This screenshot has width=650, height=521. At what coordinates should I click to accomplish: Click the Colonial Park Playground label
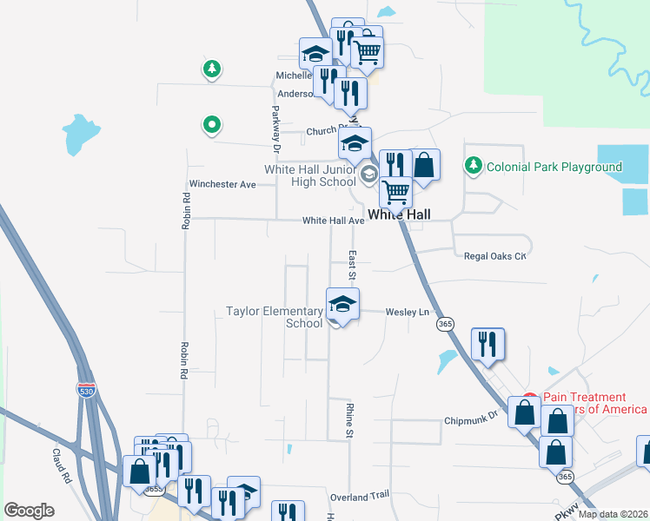[x=554, y=167]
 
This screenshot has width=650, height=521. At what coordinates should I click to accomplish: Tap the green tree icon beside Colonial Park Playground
[x=473, y=164]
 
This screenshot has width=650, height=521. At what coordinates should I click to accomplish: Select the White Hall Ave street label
[x=333, y=221]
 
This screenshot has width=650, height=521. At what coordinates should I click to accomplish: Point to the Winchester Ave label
[x=222, y=185]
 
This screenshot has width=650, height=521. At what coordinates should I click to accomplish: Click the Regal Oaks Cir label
[x=495, y=256]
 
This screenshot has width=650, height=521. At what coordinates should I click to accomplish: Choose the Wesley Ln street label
[x=408, y=312]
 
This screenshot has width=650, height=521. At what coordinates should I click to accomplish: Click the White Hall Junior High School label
[x=310, y=175]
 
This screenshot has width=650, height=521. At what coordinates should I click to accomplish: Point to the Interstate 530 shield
[x=86, y=391]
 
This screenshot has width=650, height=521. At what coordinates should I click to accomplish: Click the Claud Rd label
[x=61, y=465]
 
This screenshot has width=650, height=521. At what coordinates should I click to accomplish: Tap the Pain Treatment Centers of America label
[x=595, y=403]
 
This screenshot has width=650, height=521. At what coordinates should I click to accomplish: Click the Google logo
[x=29, y=511]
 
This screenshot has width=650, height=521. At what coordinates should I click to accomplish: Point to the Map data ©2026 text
[x=612, y=514]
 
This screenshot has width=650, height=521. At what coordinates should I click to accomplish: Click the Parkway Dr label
[x=275, y=124]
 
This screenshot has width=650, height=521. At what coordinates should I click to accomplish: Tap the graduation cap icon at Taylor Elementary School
[x=342, y=305]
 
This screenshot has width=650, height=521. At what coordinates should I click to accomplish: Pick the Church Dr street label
[x=325, y=132]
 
